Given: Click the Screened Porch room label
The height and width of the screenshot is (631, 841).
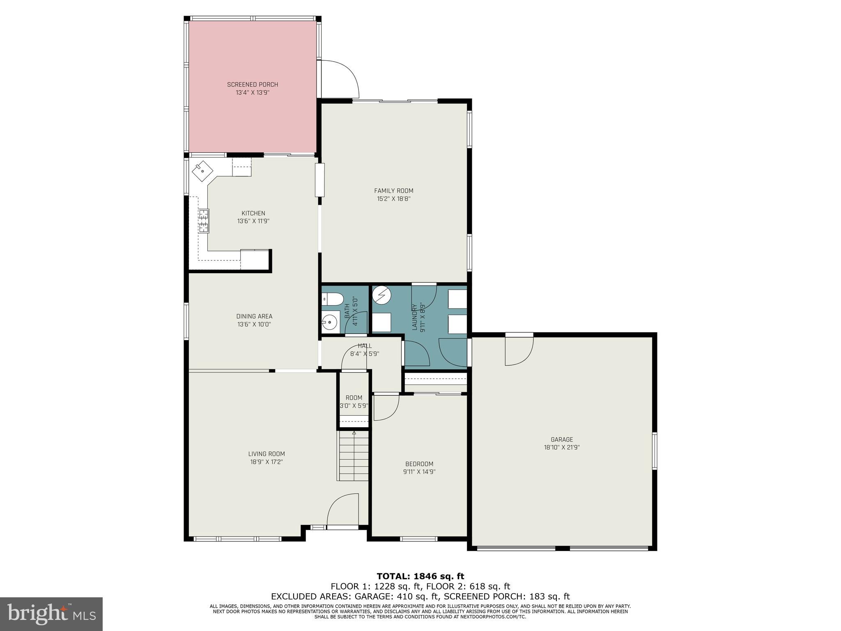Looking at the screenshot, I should tap(252, 85).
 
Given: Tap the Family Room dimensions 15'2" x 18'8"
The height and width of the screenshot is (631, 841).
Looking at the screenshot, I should tap(393, 199).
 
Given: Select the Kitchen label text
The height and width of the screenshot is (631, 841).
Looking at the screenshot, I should tap(253, 213).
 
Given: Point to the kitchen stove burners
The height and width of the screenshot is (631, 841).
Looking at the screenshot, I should tap(204, 221).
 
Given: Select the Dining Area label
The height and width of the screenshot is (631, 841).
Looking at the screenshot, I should tap(254, 316).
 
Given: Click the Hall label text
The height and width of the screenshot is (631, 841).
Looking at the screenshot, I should tap(365, 346).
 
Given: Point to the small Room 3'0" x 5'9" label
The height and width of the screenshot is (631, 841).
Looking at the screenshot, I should tap(354, 398).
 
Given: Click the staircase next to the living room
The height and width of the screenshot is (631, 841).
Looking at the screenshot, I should tap(354, 456).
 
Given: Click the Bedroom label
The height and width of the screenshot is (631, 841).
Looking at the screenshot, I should tap(419, 464).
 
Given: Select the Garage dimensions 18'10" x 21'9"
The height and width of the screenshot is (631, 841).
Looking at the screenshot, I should tap(561, 448).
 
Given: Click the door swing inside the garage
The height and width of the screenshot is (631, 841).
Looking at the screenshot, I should tap(518, 351).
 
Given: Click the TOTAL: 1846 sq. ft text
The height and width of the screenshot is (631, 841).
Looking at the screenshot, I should tap(420, 576).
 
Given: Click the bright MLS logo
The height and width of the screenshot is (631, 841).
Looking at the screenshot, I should tap(51, 614).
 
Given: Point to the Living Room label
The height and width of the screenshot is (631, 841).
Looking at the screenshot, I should tap(266, 454).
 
